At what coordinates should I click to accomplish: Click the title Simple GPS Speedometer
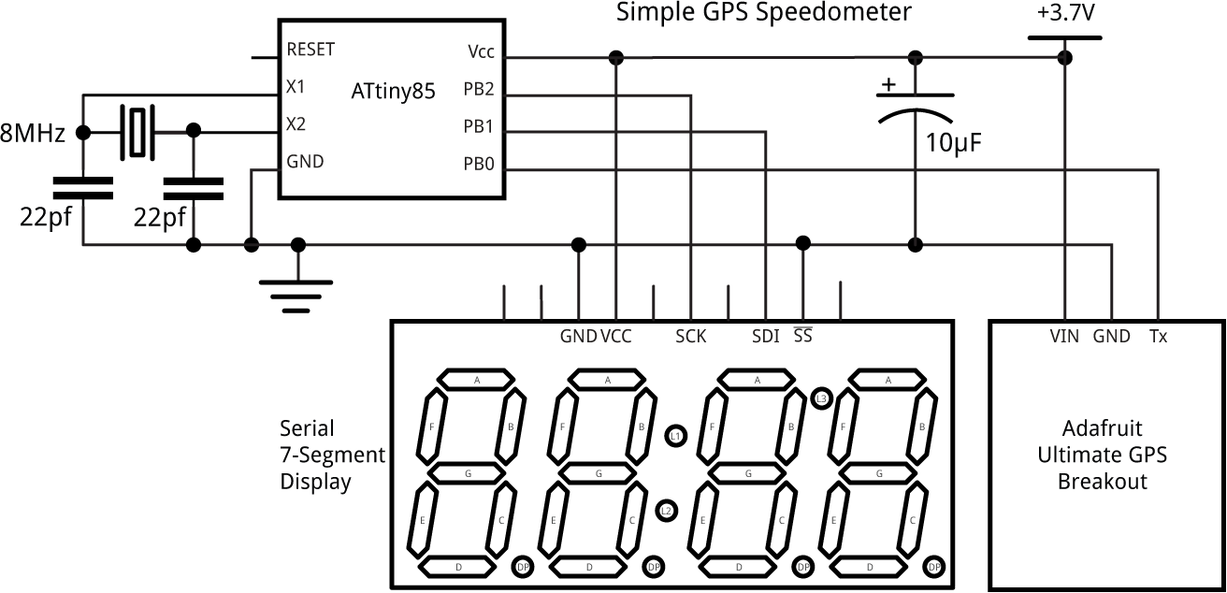763,13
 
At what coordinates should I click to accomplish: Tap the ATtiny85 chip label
394,92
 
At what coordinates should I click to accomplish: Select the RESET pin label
310,49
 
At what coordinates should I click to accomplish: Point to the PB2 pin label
479,90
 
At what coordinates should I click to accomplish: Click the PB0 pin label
479,165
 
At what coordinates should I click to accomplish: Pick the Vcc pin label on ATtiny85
482,52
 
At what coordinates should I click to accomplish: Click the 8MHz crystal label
33,134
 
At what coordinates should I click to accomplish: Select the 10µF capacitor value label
954,143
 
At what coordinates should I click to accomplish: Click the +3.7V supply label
1064,16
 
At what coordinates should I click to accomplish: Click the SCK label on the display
691,337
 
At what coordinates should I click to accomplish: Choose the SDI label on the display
765,337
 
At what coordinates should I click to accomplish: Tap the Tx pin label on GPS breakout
1158,337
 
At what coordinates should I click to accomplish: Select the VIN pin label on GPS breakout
1064,337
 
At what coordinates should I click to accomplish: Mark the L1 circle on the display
675,436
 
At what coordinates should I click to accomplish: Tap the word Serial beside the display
307,428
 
